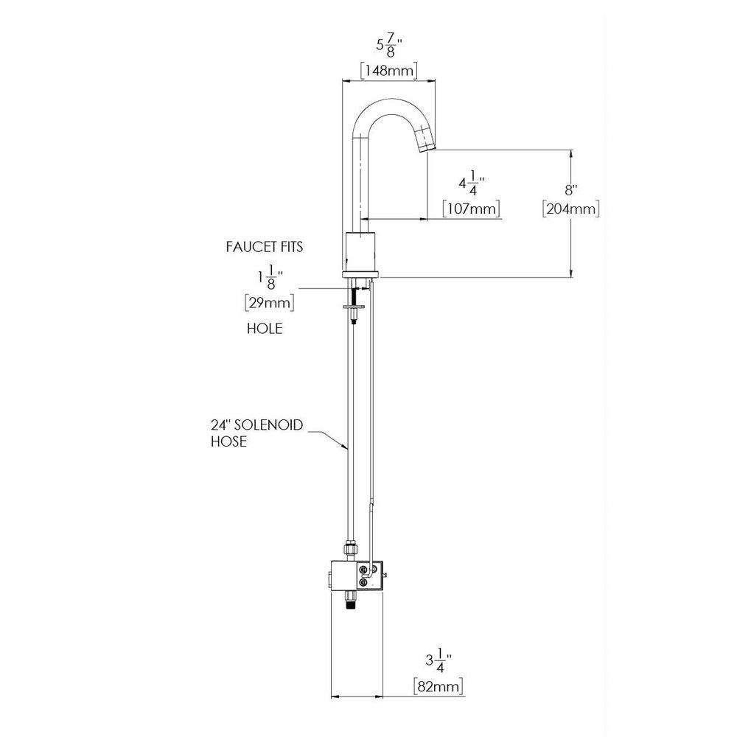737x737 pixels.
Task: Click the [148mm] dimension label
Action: (x=388, y=70)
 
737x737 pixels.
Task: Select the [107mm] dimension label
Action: (x=472, y=209)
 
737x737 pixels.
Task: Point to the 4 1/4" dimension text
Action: (x=472, y=184)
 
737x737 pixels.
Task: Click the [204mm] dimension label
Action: (x=570, y=209)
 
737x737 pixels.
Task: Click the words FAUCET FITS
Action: (x=264, y=247)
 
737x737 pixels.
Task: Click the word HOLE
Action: (x=264, y=329)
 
